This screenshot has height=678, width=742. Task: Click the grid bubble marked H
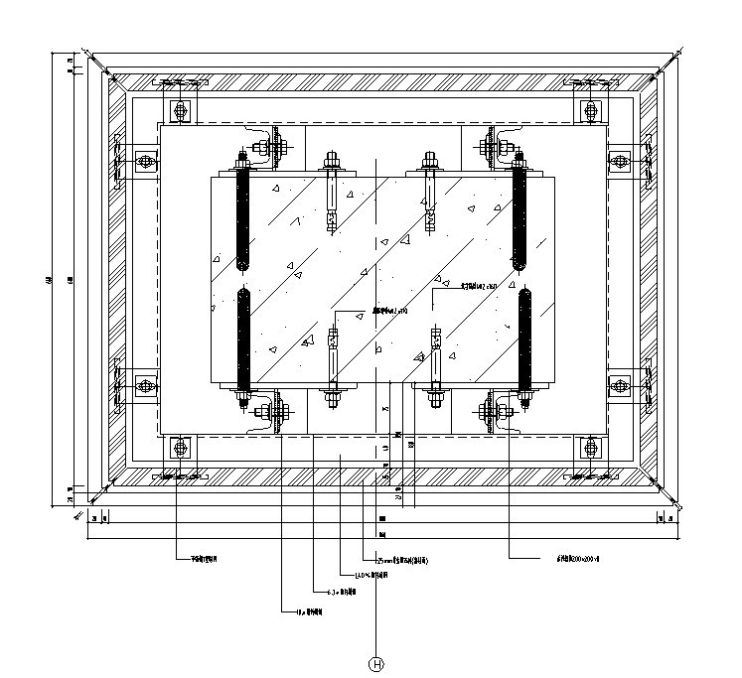(376, 665)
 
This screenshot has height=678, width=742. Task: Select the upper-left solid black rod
(242, 219)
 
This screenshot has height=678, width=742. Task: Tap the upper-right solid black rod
(519, 219)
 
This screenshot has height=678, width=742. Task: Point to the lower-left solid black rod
(242, 338)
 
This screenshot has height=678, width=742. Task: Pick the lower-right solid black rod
(525, 338)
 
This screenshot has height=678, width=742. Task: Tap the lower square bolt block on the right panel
(619, 385)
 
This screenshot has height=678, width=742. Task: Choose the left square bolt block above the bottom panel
(181, 449)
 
